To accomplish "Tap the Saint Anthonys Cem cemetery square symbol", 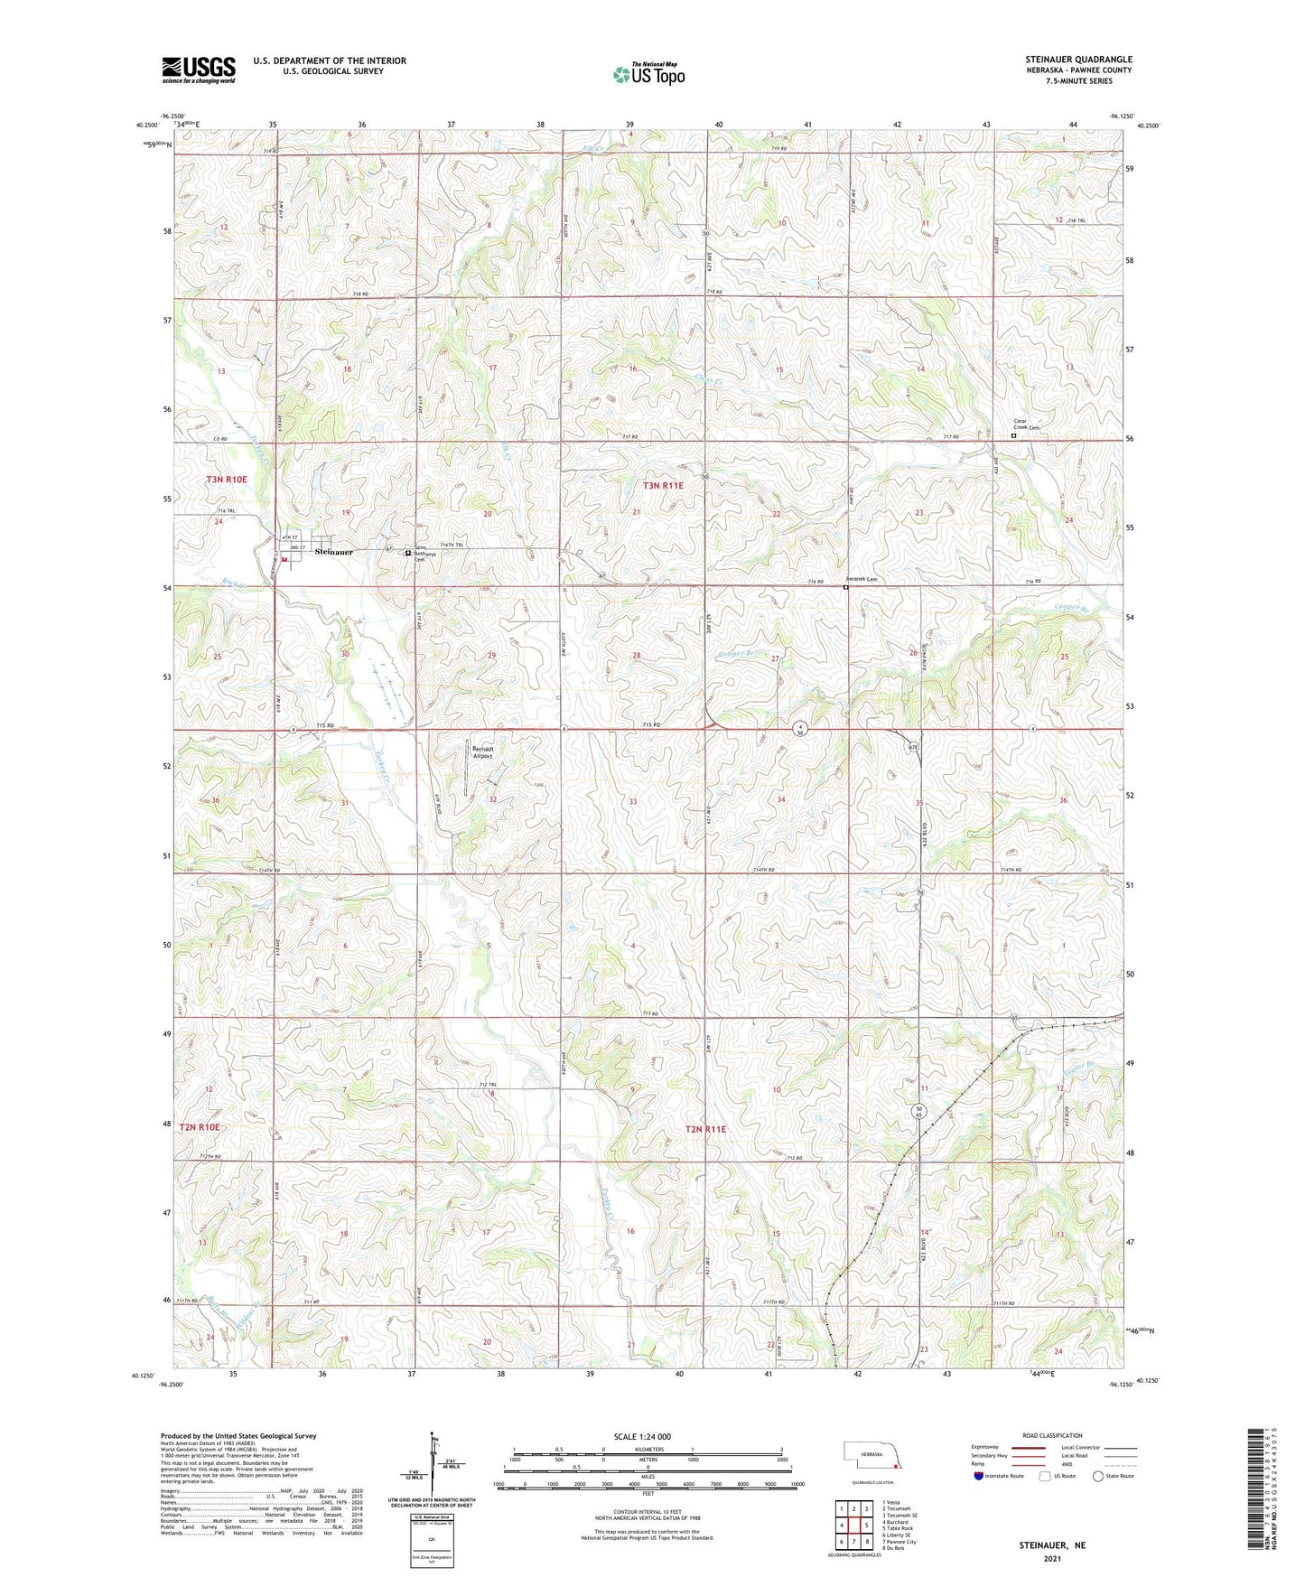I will coord(407,553).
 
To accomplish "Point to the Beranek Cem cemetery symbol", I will coord(846,588).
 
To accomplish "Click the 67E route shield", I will coord(914,747).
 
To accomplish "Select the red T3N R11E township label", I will coord(664,485).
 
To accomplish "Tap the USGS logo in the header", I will coord(199,70).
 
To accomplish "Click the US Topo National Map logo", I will coord(648,74).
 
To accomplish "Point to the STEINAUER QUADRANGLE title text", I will coord(1076,60).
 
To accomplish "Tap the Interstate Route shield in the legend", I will coord(980,1476).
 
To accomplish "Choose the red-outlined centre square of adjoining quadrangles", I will coord(853,1525).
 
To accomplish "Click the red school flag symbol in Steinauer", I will coord(285,560).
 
